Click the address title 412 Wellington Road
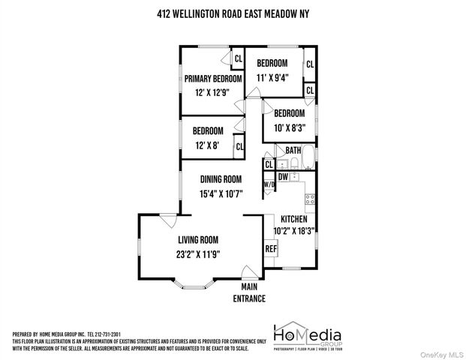(x=233, y=13)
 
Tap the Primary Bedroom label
(x=214, y=79)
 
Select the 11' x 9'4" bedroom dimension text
(x=273, y=77)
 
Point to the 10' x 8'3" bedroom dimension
(x=289, y=128)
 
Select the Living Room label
(x=198, y=240)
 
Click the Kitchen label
(x=293, y=218)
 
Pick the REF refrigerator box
(x=270, y=249)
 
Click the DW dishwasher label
(x=284, y=177)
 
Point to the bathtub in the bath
(x=307, y=163)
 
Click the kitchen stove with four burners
(x=308, y=199)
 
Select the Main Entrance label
(x=253, y=292)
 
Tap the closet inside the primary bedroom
(x=238, y=58)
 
